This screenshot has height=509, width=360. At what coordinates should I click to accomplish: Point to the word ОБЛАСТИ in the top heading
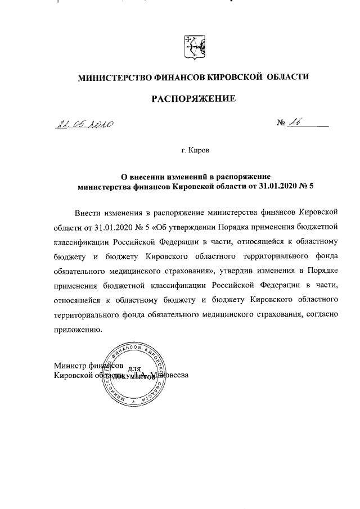(x=288, y=76)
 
